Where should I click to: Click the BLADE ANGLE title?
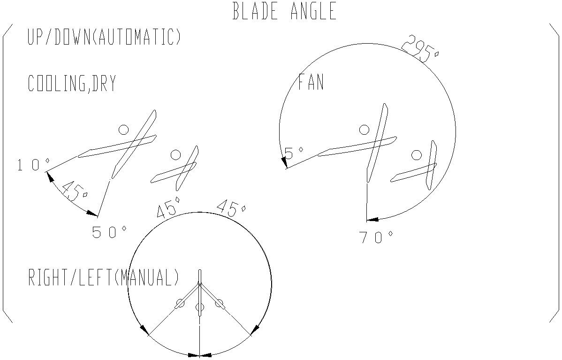285,11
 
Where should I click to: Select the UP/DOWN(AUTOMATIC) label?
104,37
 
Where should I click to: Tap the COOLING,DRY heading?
72,84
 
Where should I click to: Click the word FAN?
311,83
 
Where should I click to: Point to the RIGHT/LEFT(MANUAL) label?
104,277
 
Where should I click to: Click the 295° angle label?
421,49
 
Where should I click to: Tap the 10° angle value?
33,165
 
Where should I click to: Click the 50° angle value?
109,232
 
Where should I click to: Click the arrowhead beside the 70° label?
372,219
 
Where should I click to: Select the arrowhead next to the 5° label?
284,162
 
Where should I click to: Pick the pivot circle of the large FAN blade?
364,130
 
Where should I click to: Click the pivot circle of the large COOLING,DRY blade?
123,129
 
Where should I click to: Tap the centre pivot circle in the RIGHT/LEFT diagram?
200,307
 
